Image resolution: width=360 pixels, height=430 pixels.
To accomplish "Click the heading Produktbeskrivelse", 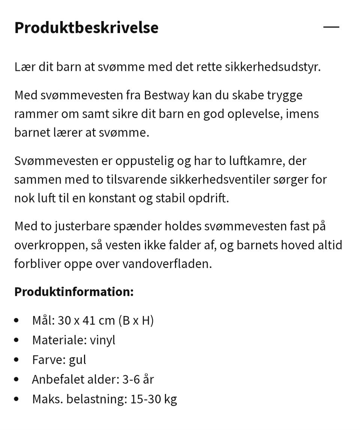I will coord(86,28).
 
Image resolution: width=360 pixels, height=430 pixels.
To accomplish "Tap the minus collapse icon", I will coord(331,27).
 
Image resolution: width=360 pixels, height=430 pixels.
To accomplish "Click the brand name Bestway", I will coord(166,95).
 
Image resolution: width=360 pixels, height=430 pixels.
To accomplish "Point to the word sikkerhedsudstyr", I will coord(272,67).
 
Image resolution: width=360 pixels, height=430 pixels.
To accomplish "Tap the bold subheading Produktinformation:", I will coord(74,292).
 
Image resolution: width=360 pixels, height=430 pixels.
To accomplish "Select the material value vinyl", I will coord(102,340).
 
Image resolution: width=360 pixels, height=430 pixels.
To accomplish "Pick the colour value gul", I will coord(77,360).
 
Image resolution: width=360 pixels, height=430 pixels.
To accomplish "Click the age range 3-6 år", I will coord(138,379).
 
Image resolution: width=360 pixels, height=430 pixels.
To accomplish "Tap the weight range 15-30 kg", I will coord(153,399).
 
